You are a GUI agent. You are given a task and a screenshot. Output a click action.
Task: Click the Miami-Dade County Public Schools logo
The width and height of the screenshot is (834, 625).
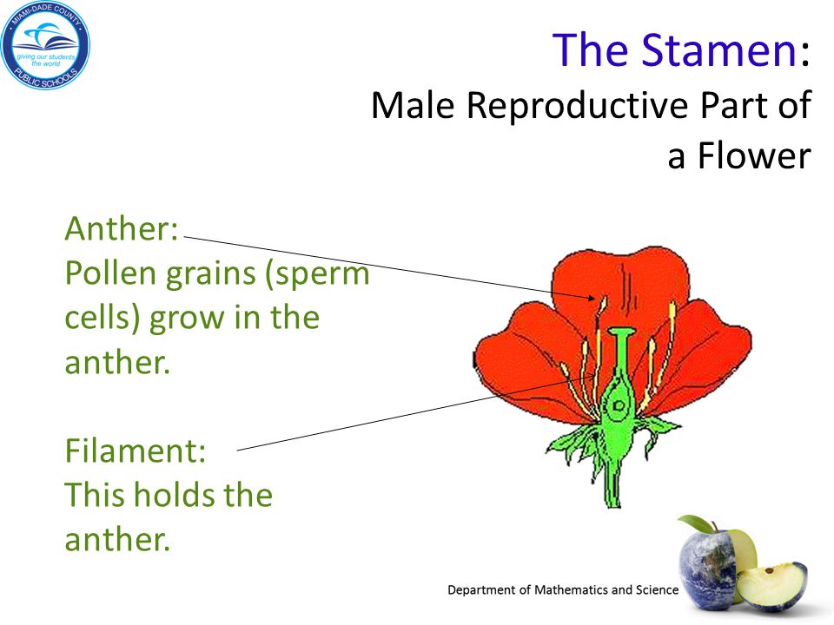click(45, 45)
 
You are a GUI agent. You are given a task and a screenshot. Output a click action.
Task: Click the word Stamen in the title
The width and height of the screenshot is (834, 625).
click(719, 49)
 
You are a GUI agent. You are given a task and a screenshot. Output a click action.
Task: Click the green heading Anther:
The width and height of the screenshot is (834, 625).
click(122, 228)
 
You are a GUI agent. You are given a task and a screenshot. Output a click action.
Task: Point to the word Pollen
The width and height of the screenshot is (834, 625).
click(110, 273)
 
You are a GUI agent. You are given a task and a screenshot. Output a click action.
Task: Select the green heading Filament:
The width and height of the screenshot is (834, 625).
click(136, 451)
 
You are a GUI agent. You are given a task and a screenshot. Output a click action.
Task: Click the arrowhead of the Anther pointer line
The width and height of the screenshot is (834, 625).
click(592, 298)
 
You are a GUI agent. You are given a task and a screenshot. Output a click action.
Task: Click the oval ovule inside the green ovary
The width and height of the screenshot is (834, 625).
click(618, 406)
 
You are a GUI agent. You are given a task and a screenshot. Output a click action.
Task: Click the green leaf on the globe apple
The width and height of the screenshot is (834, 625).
click(695, 523)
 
